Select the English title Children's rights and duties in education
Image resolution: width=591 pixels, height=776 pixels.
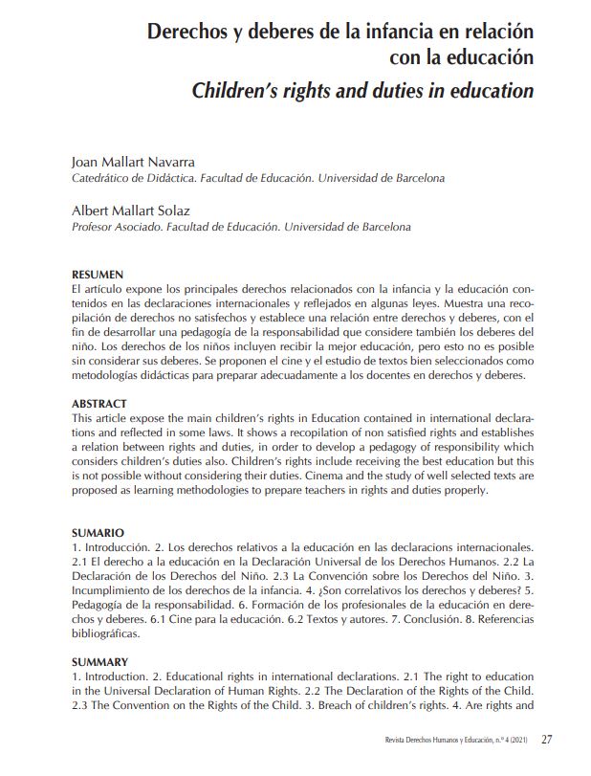tap(362, 92)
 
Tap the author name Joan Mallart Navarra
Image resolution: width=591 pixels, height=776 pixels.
tap(133, 161)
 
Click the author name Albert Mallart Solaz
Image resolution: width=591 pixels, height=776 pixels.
tap(131, 211)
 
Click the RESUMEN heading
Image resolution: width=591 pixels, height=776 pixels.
tap(98, 275)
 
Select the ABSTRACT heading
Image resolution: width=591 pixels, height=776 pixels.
tap(99, 404)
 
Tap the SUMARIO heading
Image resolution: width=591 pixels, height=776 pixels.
tap(98, 532)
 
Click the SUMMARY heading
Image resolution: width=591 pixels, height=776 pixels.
tap(100, 661)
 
